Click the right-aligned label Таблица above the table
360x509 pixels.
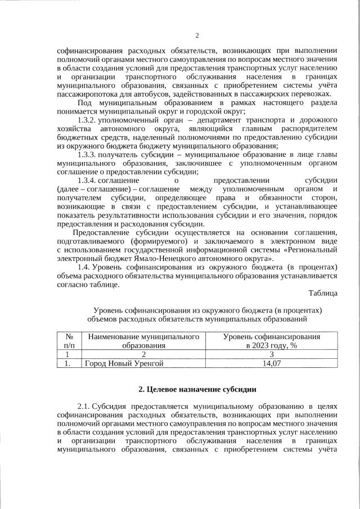coord(323,292)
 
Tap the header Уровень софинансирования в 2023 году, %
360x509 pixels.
coord(272,341)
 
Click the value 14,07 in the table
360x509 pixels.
coord(272,363)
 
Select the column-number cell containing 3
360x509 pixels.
coord(272,354)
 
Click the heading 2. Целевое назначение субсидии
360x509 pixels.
coord(197,389)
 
